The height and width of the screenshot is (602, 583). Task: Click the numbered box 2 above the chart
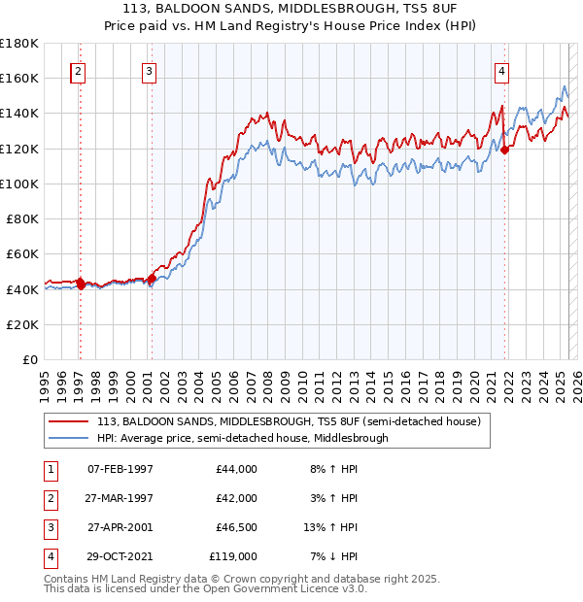click(78, 71)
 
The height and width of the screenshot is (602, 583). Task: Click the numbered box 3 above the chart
click(149, 71)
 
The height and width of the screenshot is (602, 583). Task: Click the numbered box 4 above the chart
click(501, 71)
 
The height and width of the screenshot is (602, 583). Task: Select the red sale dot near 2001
click(152, 278)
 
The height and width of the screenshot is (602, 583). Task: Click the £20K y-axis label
click(22, 324)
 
